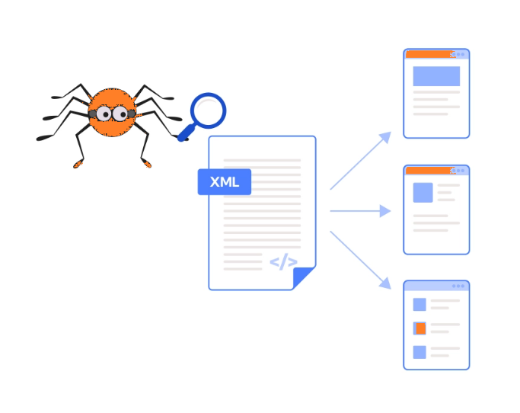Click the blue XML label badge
(x=224, y=182)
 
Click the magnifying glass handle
(x=187, y=133)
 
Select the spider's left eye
(x=104, y=114)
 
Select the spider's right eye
(x=120, y=114)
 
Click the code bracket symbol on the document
(x=283, y=262)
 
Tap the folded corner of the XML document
(x=303, y=277)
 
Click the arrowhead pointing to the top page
(x=385, y=137)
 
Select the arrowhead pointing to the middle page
(x=385, y=211)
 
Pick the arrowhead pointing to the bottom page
(x=385, y=283)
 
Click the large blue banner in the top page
(x=436, y=76)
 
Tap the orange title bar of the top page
(x=430, y=54)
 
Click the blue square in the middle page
(x=423, y=193)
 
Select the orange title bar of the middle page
(x=430, y=171)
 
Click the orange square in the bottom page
(x=420, y=328)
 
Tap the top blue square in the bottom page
(x=420, y=305)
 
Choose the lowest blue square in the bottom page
(x=420, y=352)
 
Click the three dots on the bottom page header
(x=458, y=286)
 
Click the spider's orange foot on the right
(x=147, y=163)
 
